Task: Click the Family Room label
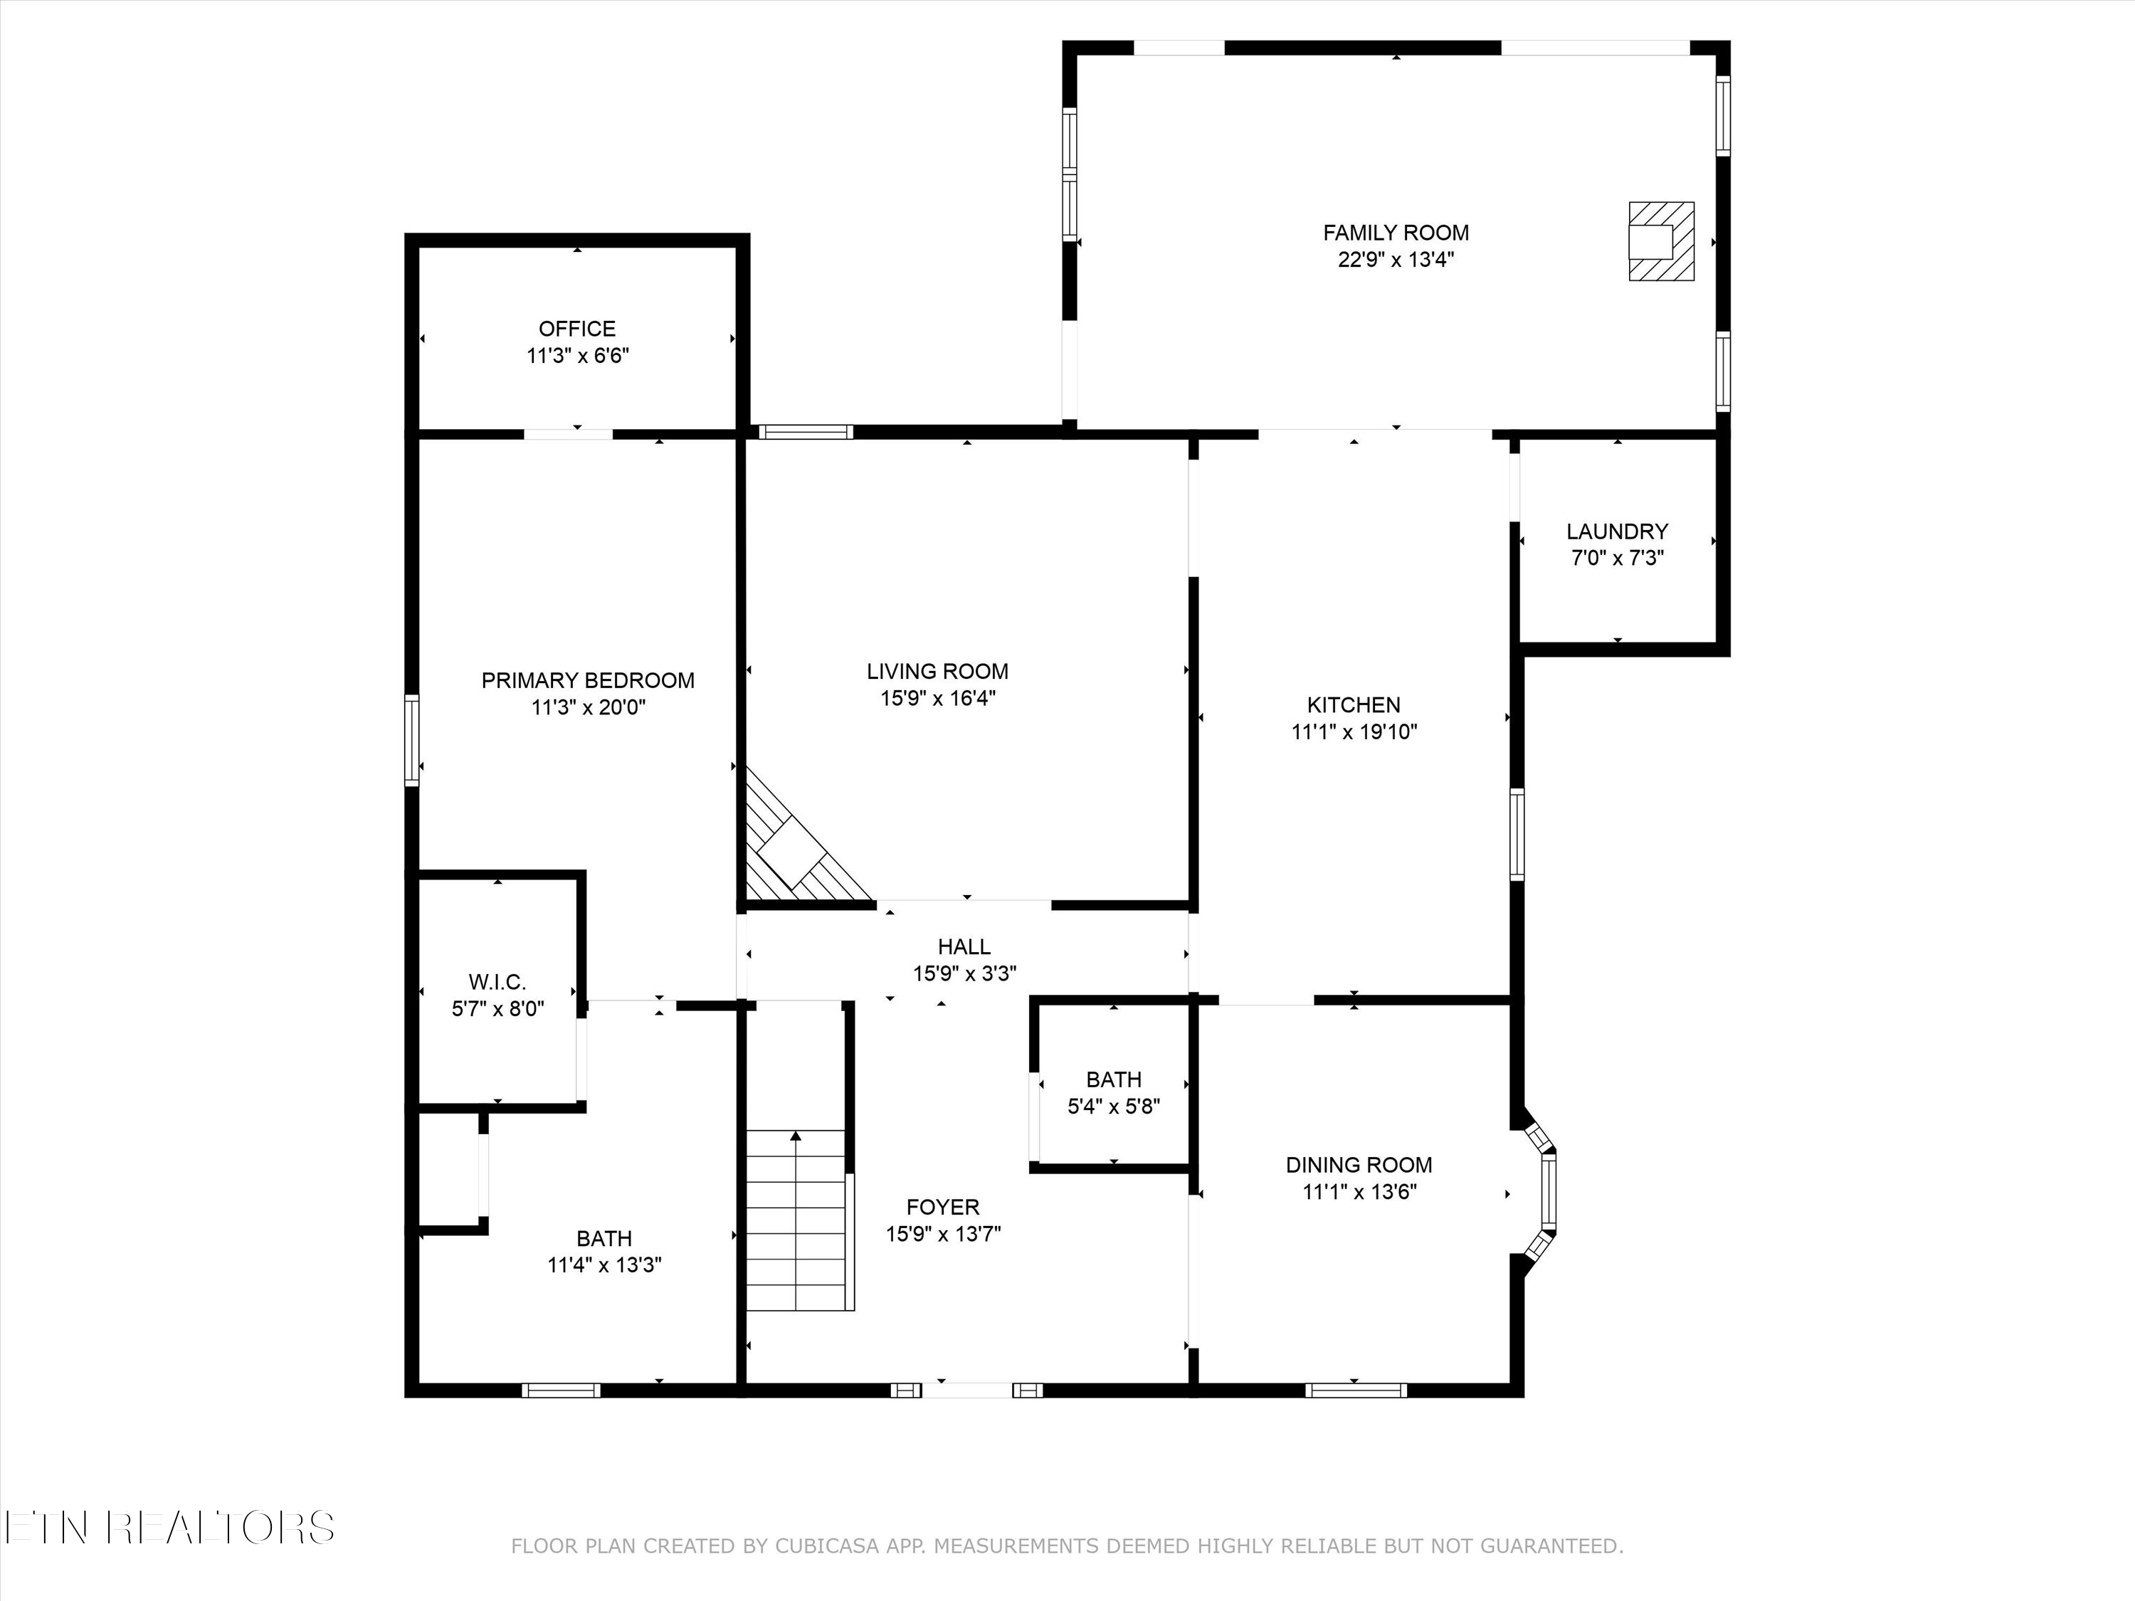click(x=1396, y=233)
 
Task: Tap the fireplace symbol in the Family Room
click(x=1660, y=241)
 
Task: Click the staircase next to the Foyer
click(x=796, y=1221)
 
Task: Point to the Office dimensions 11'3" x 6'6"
click(x=577, y=356)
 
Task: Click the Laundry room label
click(x=1617, y=532)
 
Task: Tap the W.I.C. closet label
click(x=497, y=983)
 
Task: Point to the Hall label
click(x=964, y=946)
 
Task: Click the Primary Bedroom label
click(x=588, y=680)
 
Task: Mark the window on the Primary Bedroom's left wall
click(x=412, y=739)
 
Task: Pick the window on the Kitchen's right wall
click(x=1517, y=834)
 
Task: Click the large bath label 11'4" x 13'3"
click(x=604, y=1265)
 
